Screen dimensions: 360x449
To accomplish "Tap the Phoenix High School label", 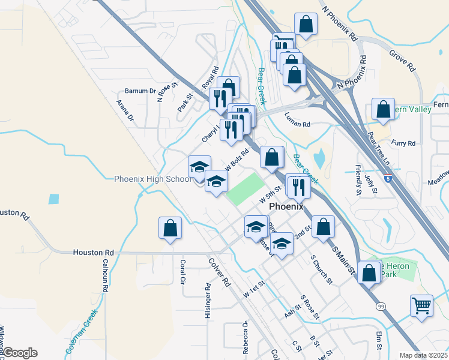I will (152, 179).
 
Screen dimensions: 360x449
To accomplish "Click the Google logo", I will (20, 353).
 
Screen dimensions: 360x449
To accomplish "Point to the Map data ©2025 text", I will (423, 355).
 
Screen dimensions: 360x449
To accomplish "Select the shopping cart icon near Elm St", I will (422, 305).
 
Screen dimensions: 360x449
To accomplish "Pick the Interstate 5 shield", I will (389, 178).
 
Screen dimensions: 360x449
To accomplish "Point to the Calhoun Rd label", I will (104, 275).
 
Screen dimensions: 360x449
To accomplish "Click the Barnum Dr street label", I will (140, 91).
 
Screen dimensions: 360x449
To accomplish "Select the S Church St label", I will (322, 269).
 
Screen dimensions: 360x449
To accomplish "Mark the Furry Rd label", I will (403, 143).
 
